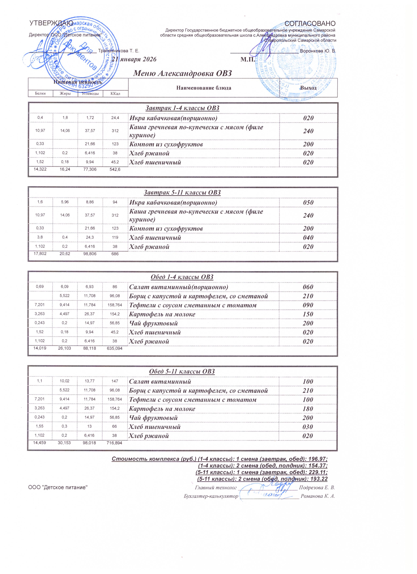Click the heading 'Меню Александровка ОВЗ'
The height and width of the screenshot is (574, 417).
pos(182,73)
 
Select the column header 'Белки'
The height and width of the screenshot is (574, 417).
pos(41,93)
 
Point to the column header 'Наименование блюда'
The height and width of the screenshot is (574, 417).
pos(204,88)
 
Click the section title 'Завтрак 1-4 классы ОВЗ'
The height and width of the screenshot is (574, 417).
pos(182,108)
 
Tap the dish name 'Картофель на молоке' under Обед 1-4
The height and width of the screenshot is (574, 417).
pos(162,314)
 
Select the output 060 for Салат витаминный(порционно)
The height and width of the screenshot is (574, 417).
pos(308,287)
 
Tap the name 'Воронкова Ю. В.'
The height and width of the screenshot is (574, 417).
pos(318,51)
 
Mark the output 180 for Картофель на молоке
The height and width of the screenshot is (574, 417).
pos(308,409)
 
